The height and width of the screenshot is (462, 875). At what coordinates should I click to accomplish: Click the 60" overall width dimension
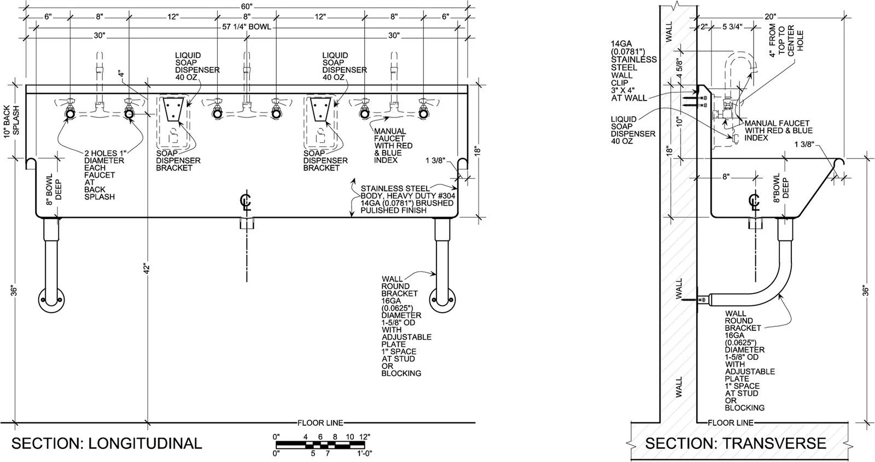pos(247,6)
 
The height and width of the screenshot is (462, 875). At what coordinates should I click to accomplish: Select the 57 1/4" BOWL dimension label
pos(247,27)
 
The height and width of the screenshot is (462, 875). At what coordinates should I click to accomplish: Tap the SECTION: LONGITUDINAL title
pos(107,443)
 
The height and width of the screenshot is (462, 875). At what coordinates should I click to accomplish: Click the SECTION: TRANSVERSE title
pos(736,443)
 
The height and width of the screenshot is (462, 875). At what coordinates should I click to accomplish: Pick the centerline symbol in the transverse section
pos(754,202)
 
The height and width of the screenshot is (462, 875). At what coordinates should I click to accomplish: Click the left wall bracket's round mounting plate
pos(51,300)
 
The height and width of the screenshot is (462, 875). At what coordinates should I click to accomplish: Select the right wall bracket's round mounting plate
pos(442,300)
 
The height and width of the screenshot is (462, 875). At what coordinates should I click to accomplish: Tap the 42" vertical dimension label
pos(147,268)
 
